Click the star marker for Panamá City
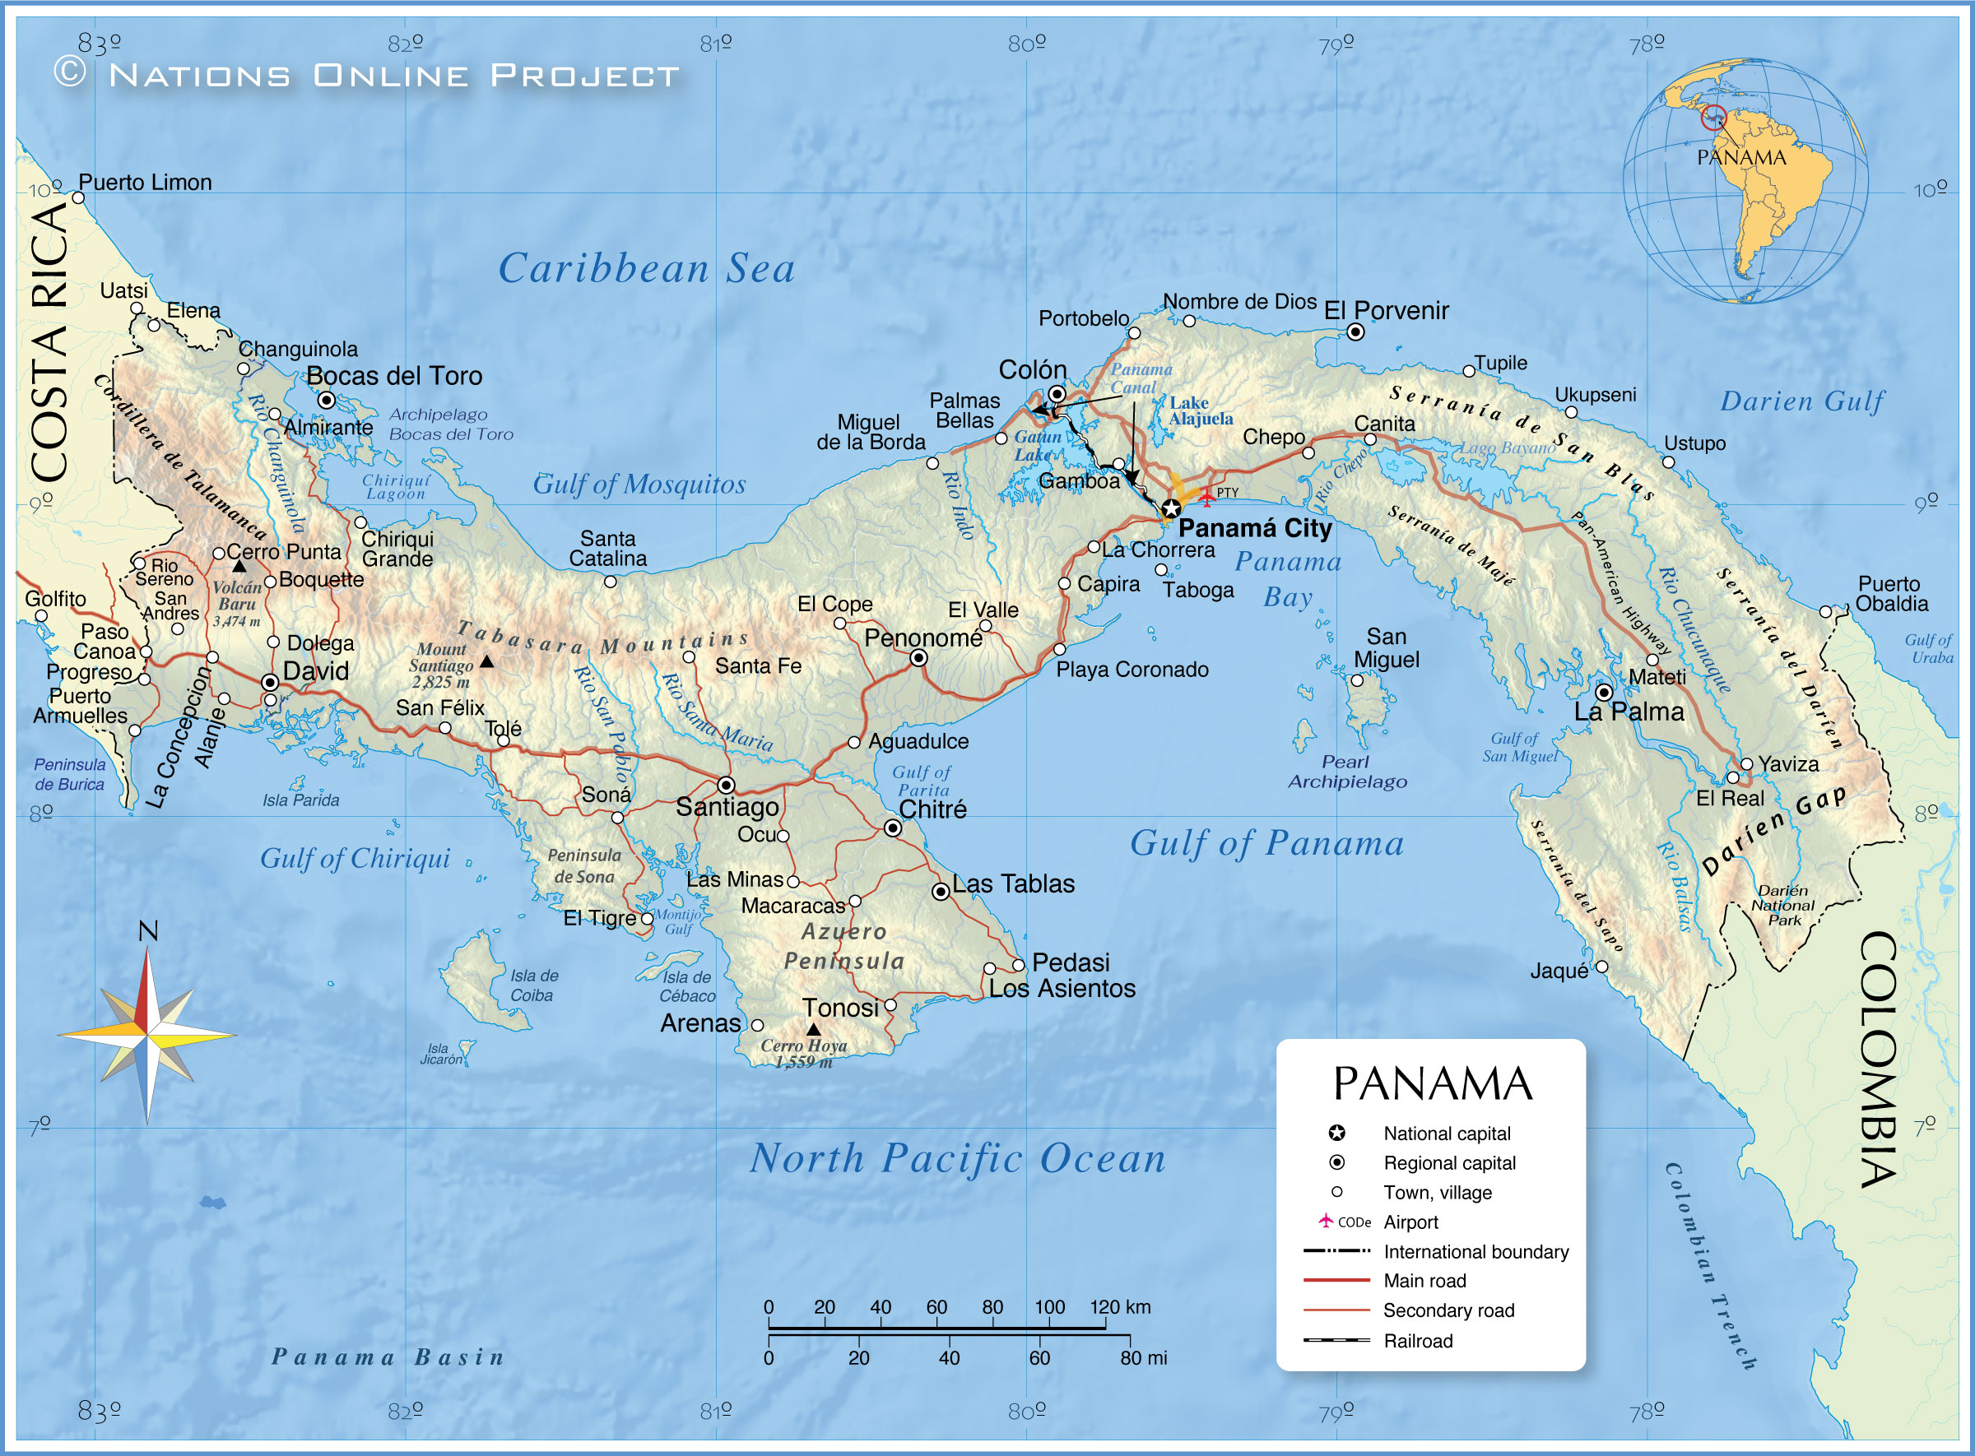pos(1170,508)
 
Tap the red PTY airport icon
pos(1206,497)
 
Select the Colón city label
pos(1032,369)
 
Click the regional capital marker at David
pos(270,682)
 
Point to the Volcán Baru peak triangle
pos(239,566)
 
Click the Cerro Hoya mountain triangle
pos(813,1028)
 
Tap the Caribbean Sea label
pos(646,268)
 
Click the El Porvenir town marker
pos(1355,332)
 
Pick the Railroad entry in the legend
pos(1418,1341)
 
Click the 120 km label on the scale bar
pos(1119,1307)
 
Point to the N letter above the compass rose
pos(148,930)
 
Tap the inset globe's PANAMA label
pos(1740,158)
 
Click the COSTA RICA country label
pos(49,344)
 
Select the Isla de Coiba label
pos(532,985)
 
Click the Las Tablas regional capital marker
pos(941,891)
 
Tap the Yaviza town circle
pos(1745,763)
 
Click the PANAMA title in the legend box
pos(1432,1084)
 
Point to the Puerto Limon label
pos(146,183)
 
